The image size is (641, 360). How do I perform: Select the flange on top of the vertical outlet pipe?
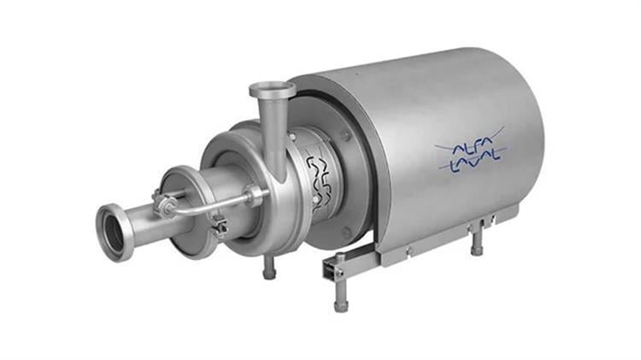[x=272, y=88]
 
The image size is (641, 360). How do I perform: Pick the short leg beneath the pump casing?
[x=270, y=267]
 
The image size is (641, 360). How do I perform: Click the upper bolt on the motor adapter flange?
[x=344, y=137]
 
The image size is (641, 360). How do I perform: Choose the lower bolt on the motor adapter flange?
[x=346, y=233]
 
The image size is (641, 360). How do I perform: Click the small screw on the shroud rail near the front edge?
[x=408, y=251]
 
